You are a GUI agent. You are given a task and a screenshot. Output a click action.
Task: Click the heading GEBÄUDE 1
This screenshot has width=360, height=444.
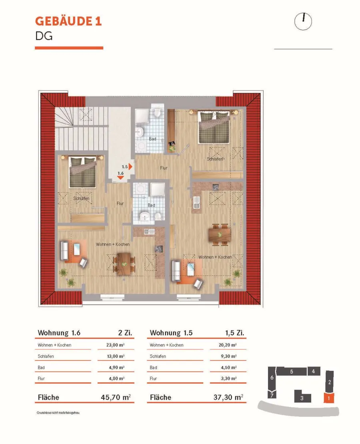[x=68, y=21]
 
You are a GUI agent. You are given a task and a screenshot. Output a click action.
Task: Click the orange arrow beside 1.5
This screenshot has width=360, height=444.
[x=130, y=167]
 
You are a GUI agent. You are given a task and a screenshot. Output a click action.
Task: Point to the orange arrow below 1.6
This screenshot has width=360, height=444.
[x=120, y=177]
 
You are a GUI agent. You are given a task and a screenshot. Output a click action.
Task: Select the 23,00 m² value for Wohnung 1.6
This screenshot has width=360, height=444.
[x=116, y=345]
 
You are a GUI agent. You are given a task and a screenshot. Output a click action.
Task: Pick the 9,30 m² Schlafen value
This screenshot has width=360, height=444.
[x=229, y=356]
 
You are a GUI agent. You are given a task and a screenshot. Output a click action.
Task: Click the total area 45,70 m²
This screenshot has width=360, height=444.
[x=116, y=397]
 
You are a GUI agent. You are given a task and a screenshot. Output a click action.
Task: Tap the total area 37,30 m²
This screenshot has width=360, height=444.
[x=228, y=397]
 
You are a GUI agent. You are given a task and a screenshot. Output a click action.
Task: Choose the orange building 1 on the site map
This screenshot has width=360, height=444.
[x=329, y=398]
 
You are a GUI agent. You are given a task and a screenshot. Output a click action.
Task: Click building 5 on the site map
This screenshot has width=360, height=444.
[x=292, y=371]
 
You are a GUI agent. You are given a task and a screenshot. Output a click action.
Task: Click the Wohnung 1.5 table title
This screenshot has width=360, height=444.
[x=171, y=333]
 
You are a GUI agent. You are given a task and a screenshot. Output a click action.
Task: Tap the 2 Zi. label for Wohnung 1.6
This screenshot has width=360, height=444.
[x=125, y=333]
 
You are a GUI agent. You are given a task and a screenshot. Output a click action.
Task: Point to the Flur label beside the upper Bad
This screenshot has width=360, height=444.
[x=164, y=168]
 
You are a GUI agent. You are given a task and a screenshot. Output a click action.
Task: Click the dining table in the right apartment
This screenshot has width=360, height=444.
[x=219, y=235]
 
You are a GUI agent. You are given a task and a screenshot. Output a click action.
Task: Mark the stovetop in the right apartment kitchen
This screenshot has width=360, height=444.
[x=216, y=187]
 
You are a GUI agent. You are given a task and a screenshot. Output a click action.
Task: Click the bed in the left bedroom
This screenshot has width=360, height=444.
[x=83, y=172]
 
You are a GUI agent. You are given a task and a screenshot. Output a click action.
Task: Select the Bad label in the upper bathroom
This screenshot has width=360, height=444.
[x=152, y=139]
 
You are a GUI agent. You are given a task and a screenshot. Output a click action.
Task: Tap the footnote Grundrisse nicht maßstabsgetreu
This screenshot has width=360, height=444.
[x=58, y=412]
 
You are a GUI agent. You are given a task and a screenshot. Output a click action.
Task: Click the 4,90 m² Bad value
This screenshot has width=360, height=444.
[x=117, y=367]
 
